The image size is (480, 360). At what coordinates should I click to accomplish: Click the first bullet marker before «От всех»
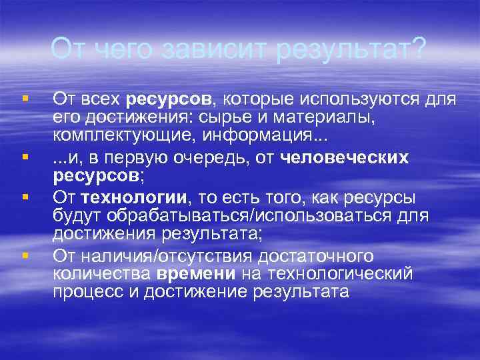point(24,98)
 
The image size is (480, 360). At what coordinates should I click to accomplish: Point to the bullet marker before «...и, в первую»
point(24,158)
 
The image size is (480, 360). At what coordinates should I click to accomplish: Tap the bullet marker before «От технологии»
point(24,197)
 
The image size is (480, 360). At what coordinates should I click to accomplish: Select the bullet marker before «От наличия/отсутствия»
point(24,255)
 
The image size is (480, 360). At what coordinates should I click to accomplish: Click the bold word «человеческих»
point(345,158)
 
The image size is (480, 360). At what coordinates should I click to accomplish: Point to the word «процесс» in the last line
point(85,293)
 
